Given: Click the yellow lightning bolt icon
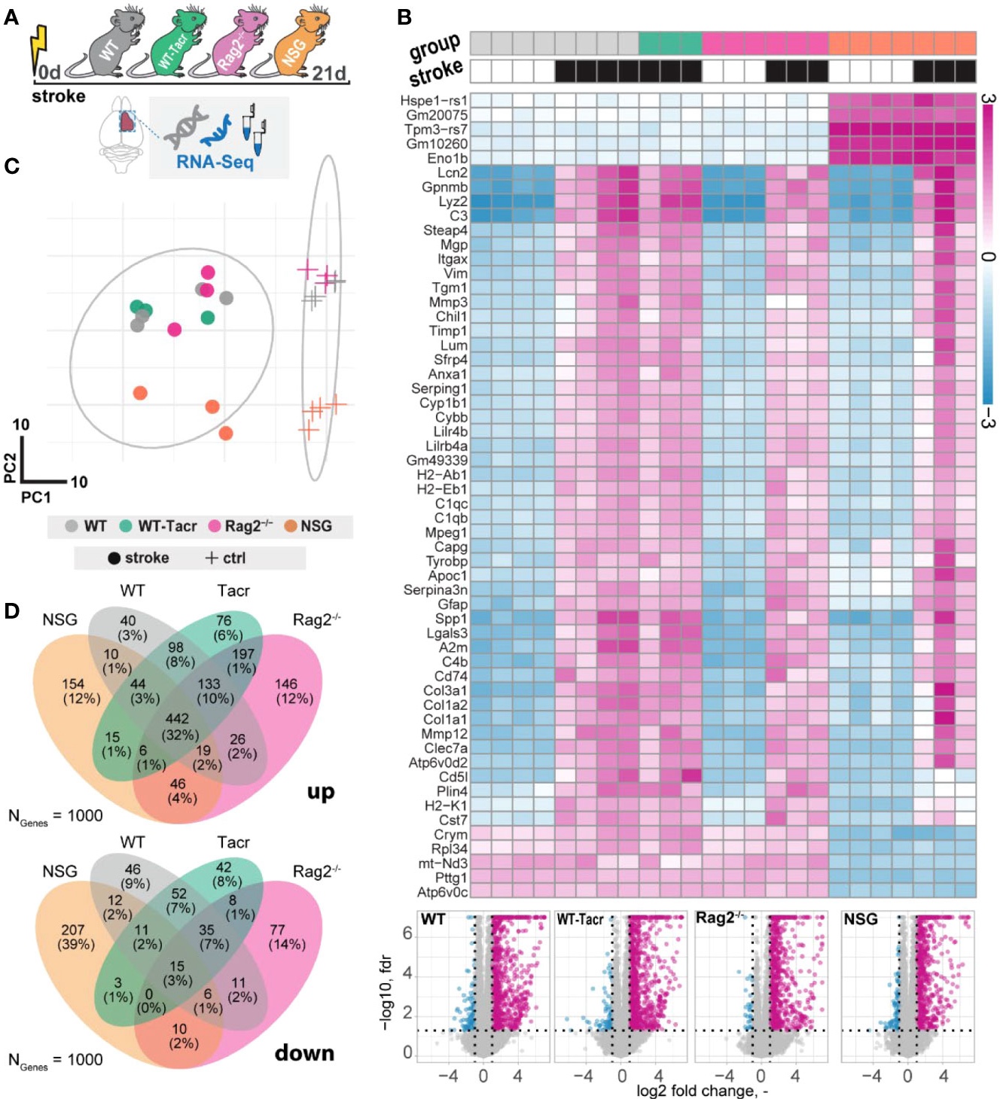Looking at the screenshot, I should click(x=38, y=46).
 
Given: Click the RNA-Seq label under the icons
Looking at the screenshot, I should click(x=215, y=161).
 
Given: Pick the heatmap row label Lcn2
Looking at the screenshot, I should click(x=452, y=173).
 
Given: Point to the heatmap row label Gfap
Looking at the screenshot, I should click(x=453, y=604).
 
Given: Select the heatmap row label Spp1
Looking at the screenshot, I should click(x=451, y=619).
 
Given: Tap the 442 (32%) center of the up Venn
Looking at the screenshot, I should click(x=178, y=726).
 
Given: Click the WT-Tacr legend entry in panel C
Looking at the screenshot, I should click(x=158, y=526).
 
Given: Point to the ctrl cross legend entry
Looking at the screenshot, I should click(x=225, y=558).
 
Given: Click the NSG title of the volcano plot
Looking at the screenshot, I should click(x=861, y=919).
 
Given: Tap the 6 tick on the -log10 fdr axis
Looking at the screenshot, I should click(x=407, y=933).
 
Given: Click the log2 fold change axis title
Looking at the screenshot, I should click(x=701, y=1090).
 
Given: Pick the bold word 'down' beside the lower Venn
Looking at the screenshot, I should click(x=304, y=1052).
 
